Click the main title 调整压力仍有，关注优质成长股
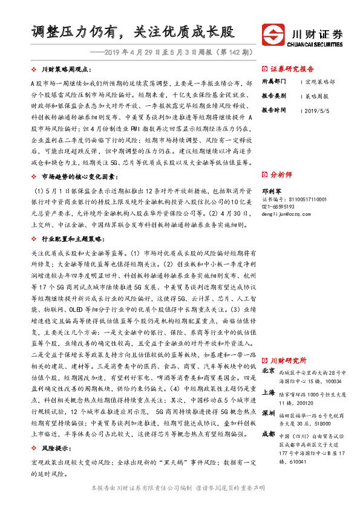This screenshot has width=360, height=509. point(133,31)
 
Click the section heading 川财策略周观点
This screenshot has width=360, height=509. point(67,70)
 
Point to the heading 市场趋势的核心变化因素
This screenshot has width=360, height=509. point(79,177)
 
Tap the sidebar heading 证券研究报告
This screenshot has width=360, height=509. point(295,69)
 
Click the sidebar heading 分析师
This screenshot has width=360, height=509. point(283,174)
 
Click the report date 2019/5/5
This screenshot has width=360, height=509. point(317,111)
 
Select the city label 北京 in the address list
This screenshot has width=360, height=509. point(269,370)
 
